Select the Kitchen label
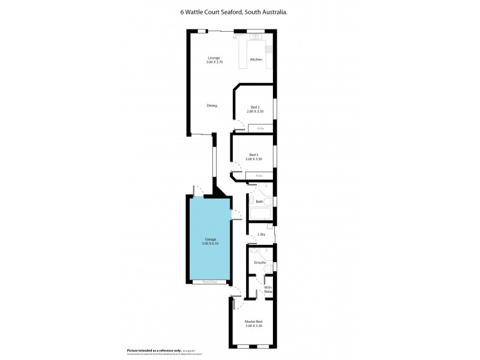[256, 59]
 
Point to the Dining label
[211, 106]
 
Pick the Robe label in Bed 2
[260, 128]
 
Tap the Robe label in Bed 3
[259, 176]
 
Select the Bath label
[259, 202]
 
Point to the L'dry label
[261, 234]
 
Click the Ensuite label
[260, 262]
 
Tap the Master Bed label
[253, 322]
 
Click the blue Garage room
[209, 258]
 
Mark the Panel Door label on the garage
[209, 281]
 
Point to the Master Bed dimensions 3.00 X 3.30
[253, 326]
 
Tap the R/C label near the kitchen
[236, 37]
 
